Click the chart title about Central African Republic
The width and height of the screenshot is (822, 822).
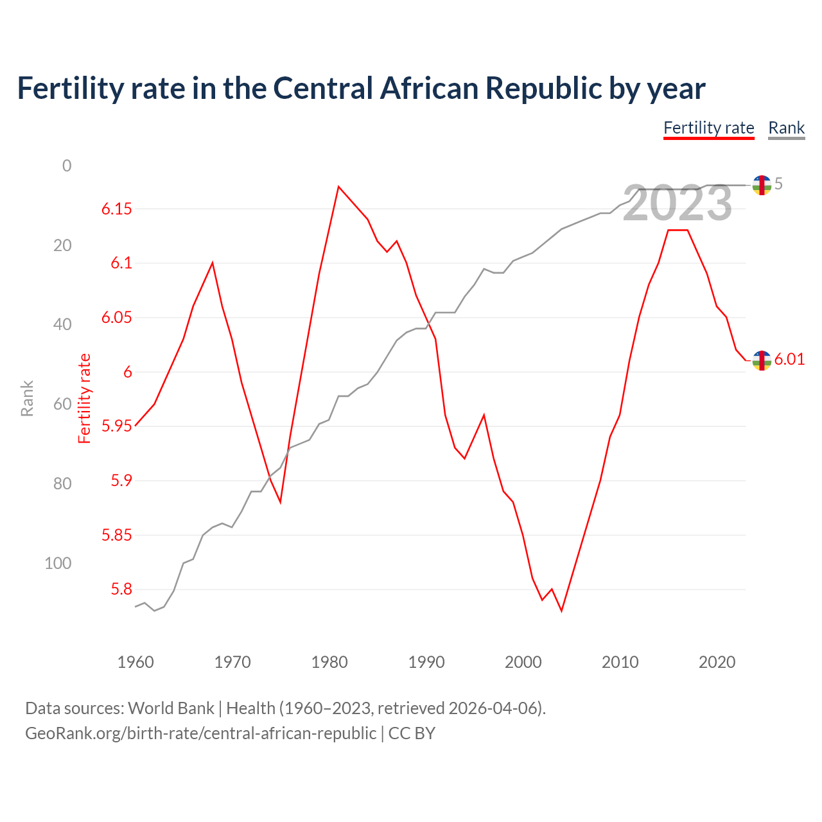(361, 89)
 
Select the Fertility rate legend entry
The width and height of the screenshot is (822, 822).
(708, 128)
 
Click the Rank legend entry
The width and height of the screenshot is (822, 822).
(786, 128)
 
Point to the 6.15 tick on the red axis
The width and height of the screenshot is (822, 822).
(116, 209)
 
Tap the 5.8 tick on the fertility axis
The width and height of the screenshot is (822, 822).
(121, 589)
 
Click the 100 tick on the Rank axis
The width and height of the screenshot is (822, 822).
(58, 563)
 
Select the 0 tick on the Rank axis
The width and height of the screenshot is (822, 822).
(67, 166)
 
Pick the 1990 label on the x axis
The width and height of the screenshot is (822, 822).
(426, 662)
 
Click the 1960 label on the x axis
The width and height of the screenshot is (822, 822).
(136, 662)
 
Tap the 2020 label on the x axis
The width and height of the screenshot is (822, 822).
(716, 662)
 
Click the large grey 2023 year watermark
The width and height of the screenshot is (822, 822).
(678, 204)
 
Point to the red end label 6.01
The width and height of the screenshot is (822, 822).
(789, 359)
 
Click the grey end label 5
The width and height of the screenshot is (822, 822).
(778, 184)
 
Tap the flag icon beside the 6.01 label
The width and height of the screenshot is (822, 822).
(761, 360)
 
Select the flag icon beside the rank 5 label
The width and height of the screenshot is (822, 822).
(761, 185)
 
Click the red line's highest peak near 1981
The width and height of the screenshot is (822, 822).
(338, 187)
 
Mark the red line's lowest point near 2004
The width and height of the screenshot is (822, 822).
(561, 611)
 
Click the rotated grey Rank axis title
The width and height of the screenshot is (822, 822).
(27, 398)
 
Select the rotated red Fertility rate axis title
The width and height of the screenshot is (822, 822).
(85, 398)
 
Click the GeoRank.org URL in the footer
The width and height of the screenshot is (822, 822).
(200, 733)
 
